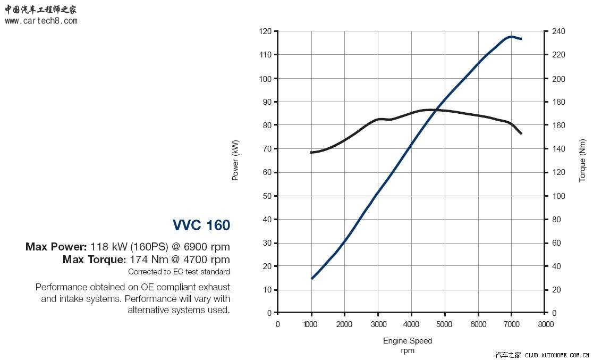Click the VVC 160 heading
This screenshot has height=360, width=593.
201,225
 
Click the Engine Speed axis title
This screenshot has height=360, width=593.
408,341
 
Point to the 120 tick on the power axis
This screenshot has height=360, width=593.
265,31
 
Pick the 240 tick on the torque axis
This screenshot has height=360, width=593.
558,31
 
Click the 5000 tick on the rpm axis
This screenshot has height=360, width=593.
445,324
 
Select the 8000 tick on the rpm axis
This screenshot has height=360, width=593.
545,324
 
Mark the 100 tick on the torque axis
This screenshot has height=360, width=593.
558,196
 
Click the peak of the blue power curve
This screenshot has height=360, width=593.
511,37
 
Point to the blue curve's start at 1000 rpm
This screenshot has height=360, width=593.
311,278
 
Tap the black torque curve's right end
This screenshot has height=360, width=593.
521,133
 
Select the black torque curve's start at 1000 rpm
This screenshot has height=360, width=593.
311,153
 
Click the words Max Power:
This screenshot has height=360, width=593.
56,247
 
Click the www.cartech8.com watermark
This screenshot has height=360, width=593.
41,21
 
